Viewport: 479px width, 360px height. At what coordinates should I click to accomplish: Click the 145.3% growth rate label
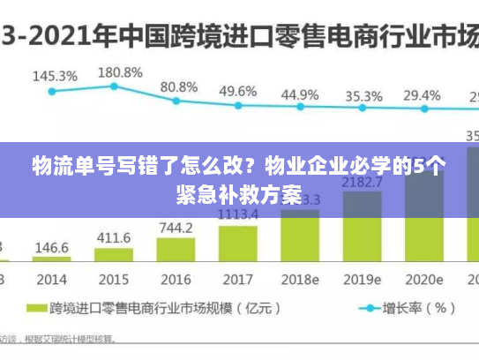click(55, 76)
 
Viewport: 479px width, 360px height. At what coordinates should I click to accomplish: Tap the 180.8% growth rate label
click(120, 71)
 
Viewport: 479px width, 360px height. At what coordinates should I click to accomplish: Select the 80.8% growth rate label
click(179, 86)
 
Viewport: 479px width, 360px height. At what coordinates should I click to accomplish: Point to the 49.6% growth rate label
click(237, 91)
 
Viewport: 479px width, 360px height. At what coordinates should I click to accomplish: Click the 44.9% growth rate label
click(300, 94)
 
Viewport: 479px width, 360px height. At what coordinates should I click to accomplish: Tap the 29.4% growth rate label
click(422, 95)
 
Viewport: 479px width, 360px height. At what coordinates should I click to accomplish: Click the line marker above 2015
click(114, 86)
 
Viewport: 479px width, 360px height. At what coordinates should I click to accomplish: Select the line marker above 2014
click(51, 91)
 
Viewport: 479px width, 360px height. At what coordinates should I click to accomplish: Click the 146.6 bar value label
click(52, 248)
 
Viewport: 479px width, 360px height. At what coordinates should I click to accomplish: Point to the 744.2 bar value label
click(176, 228)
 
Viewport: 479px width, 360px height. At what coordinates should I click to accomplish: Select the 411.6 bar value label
click(114, 238)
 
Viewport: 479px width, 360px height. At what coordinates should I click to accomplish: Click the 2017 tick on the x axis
click(237, 280)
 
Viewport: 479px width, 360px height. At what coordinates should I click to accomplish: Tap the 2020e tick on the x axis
click(423, 280)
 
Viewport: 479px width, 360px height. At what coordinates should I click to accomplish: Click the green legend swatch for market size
click(34, 309)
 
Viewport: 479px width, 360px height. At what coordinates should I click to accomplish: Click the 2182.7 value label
click(362, 183)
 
